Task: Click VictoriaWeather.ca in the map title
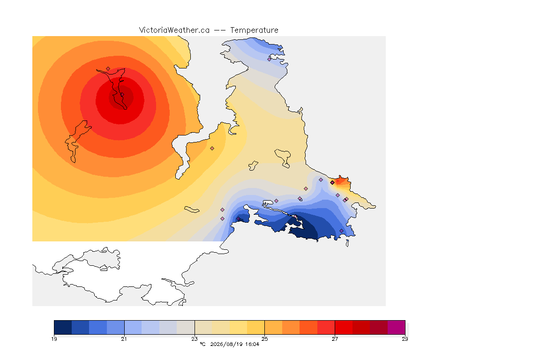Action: point(174,30)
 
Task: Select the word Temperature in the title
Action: point(254,30)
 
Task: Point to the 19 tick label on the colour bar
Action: point(54,339)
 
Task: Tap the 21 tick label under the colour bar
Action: point(124,339)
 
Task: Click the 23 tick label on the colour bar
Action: point(195,339)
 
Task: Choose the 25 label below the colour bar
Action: point(264,339)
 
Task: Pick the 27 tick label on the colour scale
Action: point(335,339)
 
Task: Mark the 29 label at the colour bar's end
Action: point(405,339)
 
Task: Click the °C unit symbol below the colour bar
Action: point(202,344)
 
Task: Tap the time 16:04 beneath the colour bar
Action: point(252,344)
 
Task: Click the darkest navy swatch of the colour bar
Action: point(63,327)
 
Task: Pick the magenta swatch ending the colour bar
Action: point(397,327)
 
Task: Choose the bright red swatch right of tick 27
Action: point(344,327)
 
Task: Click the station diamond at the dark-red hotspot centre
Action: point(122,95)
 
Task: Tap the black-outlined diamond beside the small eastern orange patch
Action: point(332,183)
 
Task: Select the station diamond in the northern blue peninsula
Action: point(270,59)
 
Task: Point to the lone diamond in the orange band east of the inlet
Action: point(212,149)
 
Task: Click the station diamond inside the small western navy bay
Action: point(238,219)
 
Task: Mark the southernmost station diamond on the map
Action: point(341,231)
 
